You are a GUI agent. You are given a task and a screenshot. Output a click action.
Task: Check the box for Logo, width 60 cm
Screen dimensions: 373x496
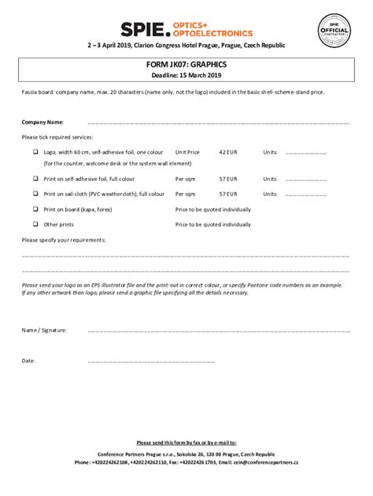35,151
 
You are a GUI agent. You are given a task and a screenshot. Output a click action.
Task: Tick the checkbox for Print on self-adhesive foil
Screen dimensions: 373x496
35,179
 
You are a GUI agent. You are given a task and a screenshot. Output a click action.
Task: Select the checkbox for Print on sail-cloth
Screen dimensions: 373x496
35,193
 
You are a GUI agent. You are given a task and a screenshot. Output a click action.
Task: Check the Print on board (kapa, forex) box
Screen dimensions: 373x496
35,209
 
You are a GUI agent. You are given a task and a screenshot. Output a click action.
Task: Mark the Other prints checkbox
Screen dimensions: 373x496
35,224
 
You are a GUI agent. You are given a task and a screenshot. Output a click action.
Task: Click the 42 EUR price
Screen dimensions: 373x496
227,151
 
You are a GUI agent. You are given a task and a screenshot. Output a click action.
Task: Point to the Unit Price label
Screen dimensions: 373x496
187,151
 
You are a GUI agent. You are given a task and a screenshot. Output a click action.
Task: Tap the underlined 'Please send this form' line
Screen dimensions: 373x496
186,442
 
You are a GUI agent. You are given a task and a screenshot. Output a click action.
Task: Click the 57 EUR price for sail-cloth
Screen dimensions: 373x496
227,193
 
